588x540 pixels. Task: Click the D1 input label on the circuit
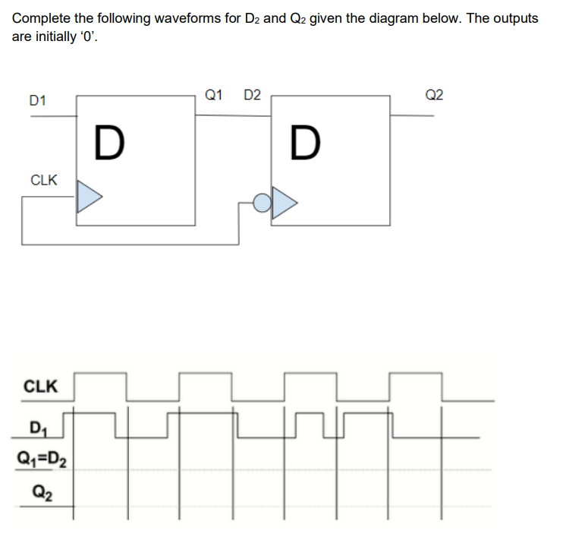click(x=37, y=99)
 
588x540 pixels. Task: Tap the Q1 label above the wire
click(x=214, y=95)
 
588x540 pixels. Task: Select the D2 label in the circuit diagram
click(x=252, y=95)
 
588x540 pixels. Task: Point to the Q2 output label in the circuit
click(x=435, y=95)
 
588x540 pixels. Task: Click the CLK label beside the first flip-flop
click(x=43, y=180)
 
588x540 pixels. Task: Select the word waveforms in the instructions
click(x=188, y=18)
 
